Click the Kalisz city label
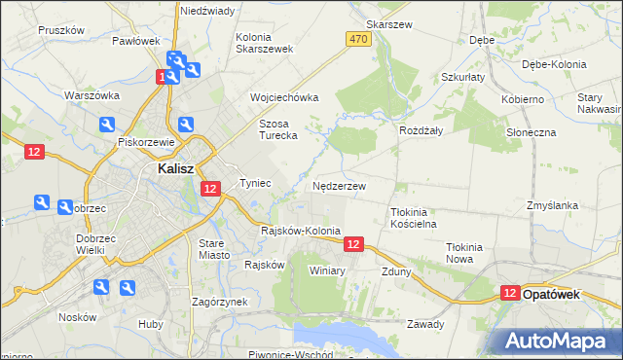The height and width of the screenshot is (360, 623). pos(179,168)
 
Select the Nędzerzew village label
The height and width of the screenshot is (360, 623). pos(340,185)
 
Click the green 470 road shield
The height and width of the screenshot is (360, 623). pos(357,38)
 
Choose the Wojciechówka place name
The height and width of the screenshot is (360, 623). pos(284,97)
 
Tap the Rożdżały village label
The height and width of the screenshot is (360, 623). pos(421,129)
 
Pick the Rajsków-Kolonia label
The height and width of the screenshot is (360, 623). pos(301,231)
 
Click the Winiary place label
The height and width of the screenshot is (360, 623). pos(327,270)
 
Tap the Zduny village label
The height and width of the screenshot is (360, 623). pos(396,271)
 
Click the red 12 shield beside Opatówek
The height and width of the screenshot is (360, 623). pos(510,293)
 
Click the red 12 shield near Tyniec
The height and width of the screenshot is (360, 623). pos(210,189)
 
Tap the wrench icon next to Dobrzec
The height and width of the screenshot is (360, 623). pos(42,202)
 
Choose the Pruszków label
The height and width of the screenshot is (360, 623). pos(61,30)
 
